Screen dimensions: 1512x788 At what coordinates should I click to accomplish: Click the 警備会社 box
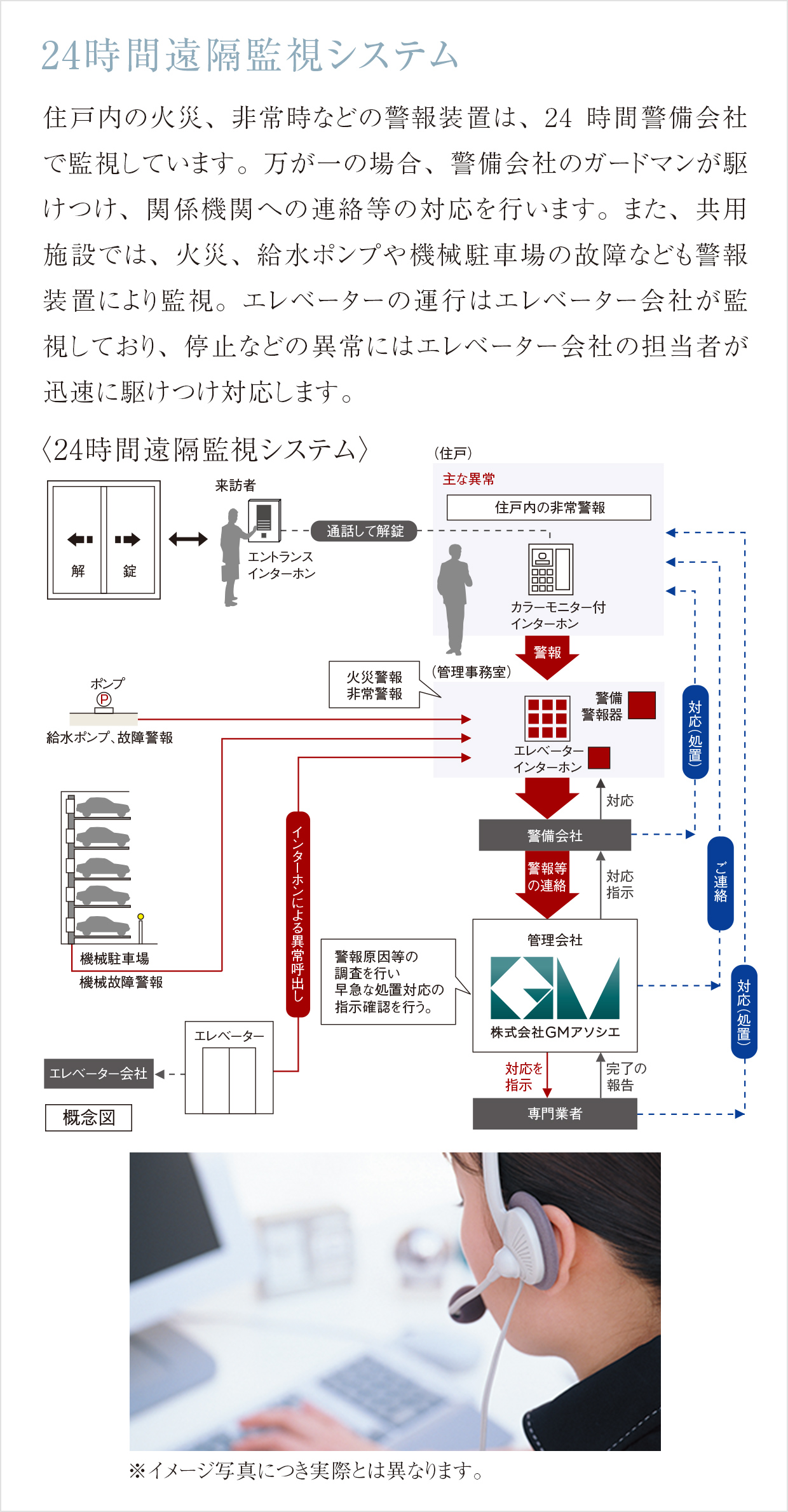[555, 835]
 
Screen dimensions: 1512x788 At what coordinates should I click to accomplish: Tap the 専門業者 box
[555, 1114]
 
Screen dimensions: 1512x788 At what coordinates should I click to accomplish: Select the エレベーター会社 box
[98, 1074]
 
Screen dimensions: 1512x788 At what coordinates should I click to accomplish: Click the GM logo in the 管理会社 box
[555, 988]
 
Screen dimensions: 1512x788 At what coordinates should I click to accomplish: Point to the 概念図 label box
[88, 1117]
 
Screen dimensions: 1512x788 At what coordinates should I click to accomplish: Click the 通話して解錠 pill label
[364, 531]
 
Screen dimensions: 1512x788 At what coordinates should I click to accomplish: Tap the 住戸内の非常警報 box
[548, 508]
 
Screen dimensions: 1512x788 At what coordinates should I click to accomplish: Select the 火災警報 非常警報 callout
[374, 685]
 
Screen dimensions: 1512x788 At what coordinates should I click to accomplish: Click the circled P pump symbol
[104, 699]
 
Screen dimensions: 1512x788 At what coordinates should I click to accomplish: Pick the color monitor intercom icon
[551, 569]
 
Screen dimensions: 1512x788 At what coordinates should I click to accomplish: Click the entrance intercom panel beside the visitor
[264, 520]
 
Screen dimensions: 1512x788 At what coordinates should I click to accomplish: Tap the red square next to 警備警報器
[642, 705]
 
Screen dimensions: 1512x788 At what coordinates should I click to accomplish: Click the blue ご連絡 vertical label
[720, 883]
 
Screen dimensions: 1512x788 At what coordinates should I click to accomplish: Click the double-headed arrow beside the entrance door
[188, 539]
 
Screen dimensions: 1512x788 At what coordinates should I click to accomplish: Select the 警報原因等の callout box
[388, 982]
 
